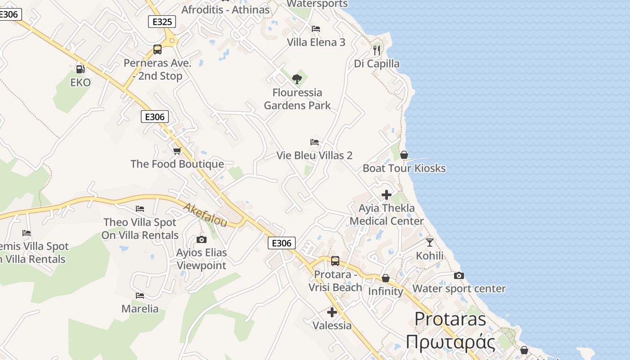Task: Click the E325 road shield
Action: tap(162, 22)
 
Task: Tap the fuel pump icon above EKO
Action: tap(80, 69)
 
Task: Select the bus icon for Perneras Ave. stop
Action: tap(157, 49)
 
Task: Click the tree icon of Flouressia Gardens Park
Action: tap(297, 79)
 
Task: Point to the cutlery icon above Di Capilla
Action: tap(377, 50)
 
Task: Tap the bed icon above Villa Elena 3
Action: tap(316, 29)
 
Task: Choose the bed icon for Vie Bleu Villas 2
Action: tap(315, 142)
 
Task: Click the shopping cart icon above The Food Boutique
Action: tap(177, 151)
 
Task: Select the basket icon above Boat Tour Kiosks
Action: tap(404, 155)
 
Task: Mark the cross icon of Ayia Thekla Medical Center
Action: tap(387, 195)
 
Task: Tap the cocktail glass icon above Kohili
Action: tap(430, 243)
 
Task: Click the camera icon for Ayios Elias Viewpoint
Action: tap(202, 239)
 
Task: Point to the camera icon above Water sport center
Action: tap(459, 275)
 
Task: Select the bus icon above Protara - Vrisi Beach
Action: tap(335, 261)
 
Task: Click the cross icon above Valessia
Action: tap(332, 312)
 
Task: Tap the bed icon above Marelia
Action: tap(140, 296)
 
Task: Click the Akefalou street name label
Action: tap(205, 212)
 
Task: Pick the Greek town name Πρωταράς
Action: tap(450, 342)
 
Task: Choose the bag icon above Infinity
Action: tap(386, 278)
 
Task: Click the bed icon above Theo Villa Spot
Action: tap(140, 209)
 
